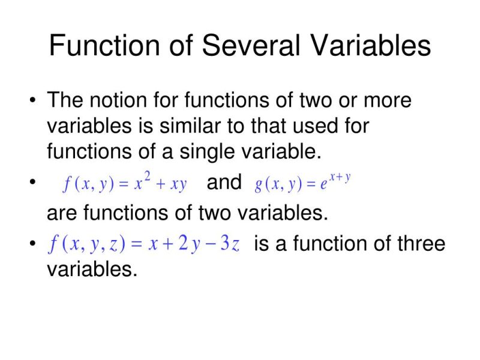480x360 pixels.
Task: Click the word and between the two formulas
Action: (x=224, y=182)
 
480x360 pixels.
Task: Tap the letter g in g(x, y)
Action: (x=259, y=185)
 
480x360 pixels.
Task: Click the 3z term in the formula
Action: (x=230, y=245)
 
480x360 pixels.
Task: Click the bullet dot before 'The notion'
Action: (x=32, y=100)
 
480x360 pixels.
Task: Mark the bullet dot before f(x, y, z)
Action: (x=32, y=244)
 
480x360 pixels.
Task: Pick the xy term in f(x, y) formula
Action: (x=179, y=184)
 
